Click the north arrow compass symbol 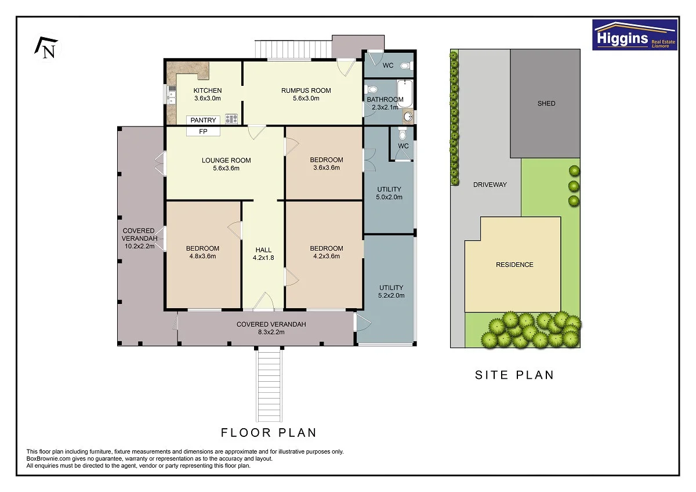tap(46, 48)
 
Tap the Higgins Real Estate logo tap(635, 35)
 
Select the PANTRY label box tap(203, 120)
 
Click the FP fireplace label tap(203, 132)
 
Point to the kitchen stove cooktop tap(231, 118)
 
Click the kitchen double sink tap(172, 97)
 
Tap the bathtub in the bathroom tap(405, 93)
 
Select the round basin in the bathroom tap(408, 117)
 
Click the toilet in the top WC tap(407, 66)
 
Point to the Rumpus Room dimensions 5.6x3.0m tap(306, 99)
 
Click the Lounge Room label tap(226, 160)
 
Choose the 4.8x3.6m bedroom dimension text tap(202, 256)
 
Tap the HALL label tap(263, 250)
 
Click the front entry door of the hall tap(263, 302)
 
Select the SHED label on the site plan tap(546, 103)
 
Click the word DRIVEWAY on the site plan tap(490, 184)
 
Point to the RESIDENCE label tap(514, 265)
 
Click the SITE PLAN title tap(514, 375)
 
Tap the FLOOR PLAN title tap(269, 433)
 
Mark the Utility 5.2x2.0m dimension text tap(391, 295)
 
